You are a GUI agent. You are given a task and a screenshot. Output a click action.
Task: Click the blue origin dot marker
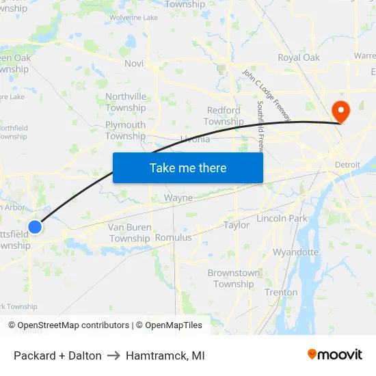pos(35,226)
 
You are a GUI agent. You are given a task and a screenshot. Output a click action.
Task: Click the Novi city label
pos(134,64)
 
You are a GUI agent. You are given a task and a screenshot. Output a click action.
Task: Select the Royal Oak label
pos(299,57)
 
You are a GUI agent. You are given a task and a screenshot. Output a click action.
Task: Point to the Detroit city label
pos(347,165)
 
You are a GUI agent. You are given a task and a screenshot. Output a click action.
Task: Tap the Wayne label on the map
pos(178,198)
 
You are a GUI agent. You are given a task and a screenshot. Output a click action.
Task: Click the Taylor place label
pos(237,225)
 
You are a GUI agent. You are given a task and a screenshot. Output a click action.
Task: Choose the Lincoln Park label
pos(282,218)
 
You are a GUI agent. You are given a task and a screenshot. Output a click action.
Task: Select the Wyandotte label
pos(295,252)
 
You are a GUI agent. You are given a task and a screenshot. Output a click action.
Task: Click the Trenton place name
pos(281,292)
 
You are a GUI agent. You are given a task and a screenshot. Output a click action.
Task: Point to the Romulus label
pos(174,237)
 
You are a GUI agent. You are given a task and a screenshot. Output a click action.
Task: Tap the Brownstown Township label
pos(234,278)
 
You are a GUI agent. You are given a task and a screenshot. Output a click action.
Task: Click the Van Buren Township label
pos(129,232)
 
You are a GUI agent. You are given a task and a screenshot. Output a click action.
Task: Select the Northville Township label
pos(126,102)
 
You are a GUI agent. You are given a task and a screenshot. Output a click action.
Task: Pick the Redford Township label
pos(224,116)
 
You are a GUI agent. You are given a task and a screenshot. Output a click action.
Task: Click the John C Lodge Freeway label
pos(267,95)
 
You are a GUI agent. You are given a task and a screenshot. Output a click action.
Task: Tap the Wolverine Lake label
pos(133,17)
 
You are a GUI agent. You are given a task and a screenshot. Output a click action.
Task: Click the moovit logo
pos(335,354)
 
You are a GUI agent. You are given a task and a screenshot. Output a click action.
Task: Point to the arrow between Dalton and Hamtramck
pos(113,355)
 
